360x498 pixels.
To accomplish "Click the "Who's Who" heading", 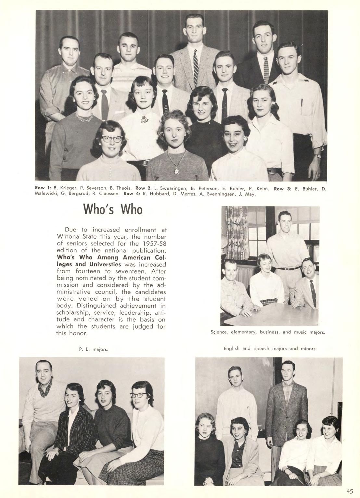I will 113,209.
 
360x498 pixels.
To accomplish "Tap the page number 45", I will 349,491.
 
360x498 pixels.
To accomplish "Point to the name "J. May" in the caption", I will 249,194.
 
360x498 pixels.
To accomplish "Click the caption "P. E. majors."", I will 94,349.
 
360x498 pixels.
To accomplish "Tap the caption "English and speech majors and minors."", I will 270,348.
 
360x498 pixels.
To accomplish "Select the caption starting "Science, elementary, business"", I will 268,332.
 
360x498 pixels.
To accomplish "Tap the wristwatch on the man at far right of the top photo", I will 317,156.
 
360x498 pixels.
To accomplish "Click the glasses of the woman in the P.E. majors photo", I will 139,395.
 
